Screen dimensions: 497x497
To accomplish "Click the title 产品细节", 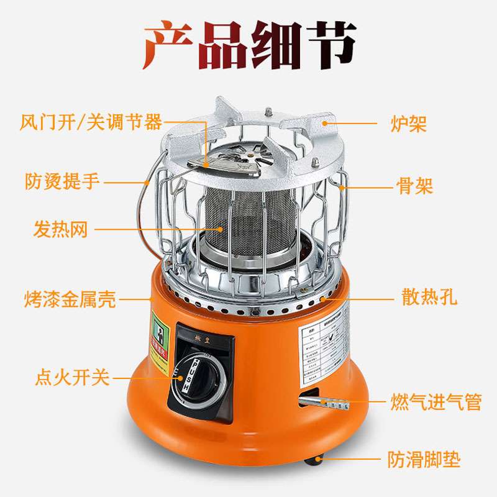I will [x=249, y=47].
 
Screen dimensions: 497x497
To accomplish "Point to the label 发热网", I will [x=60, y=230].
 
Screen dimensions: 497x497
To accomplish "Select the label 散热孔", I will [x=429, y=297].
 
